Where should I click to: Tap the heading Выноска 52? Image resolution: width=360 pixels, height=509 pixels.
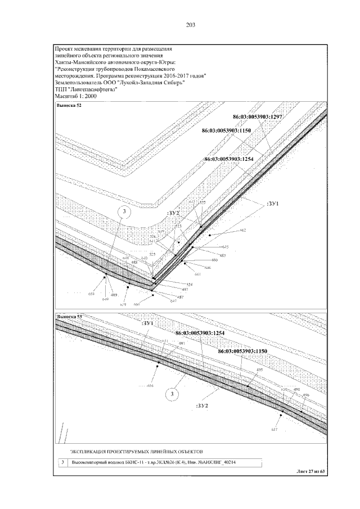click(x=69, y=105)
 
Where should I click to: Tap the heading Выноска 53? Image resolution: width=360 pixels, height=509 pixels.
click(x=69, y=318)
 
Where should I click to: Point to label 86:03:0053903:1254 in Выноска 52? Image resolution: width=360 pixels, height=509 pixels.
click(x=229, y=159)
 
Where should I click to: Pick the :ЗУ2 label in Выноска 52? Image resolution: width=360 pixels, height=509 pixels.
click(x=173, y=214)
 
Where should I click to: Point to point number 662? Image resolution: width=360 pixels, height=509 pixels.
click(x=243, y=231)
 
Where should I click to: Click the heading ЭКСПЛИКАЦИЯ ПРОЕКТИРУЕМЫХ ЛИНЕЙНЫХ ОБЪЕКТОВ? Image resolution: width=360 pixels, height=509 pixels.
click(x=136, y=451)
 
